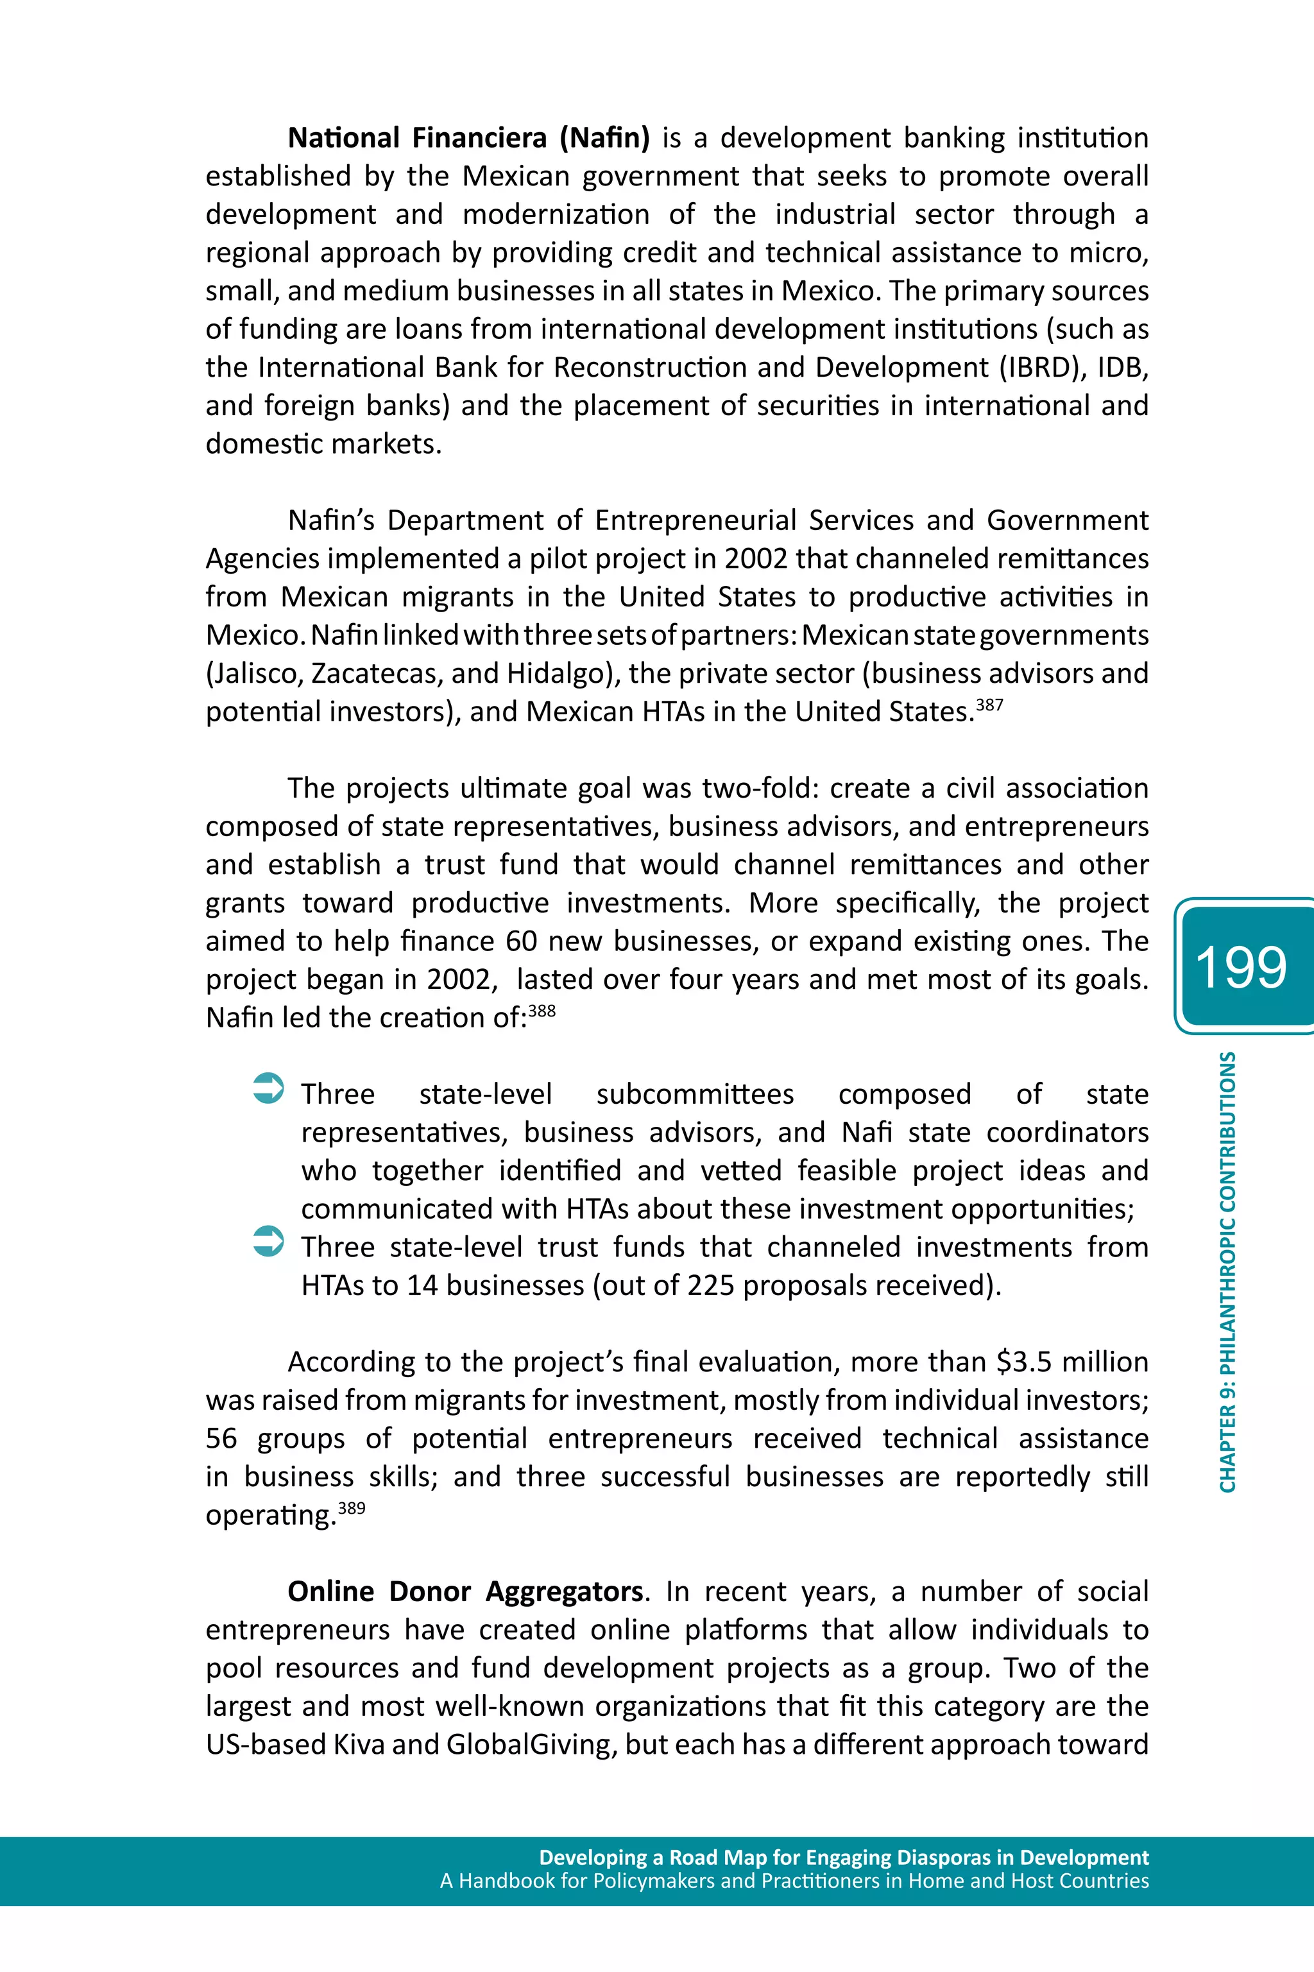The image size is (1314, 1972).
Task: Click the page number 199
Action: tap(1240, 967)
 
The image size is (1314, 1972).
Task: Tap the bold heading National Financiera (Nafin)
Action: tap(468, 137)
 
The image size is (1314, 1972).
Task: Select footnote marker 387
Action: tap(990, 704)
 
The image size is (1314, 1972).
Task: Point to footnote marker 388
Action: tap(542, 1010)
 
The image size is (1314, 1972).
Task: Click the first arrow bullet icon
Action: tap(268, 1088)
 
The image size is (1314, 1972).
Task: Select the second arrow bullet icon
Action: tap(268, 1241)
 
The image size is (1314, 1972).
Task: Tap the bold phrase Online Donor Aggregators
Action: tap(465, 1591)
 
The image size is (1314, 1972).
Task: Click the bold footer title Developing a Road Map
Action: tap(844, 1857)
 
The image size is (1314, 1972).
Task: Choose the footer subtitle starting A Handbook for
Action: tap(794, 1881)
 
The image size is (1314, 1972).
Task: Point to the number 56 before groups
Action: tap(221, 1438)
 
